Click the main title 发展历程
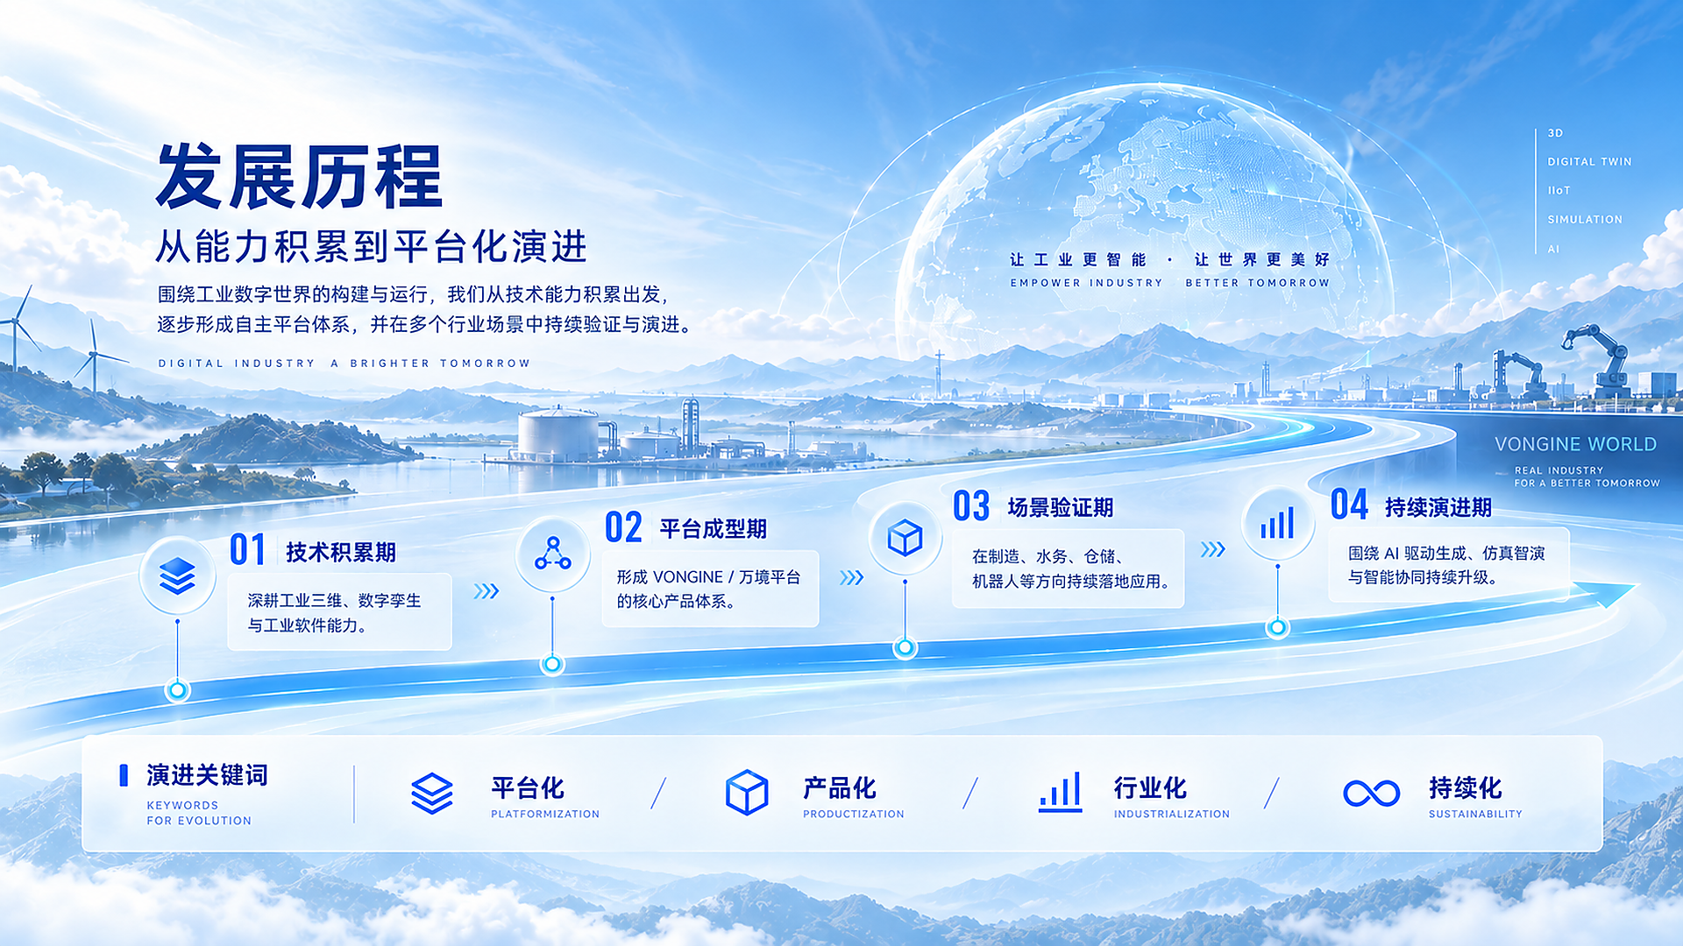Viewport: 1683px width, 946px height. pos(300,177)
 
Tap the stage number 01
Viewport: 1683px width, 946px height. pos(247,550)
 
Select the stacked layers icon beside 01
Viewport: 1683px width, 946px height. pos(177,575)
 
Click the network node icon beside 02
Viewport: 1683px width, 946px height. pos(552,554)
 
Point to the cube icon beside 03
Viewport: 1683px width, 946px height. pos(905,538)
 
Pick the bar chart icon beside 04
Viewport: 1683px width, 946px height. pos(1277,524)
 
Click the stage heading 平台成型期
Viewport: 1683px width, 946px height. pos(713,529)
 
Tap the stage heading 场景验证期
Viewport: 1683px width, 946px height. pos(1061,507)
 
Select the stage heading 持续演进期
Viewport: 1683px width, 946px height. pos(1438,507)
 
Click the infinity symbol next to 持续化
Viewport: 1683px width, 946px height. pos(1372,794)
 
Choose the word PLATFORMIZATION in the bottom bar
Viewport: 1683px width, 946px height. pos(545,815)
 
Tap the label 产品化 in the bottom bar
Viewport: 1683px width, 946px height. pos(839,788)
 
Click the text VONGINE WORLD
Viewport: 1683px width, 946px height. pos(1575,444)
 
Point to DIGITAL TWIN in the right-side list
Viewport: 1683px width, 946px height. pos(1589,162)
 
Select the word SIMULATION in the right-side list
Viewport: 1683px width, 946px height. pos(1585,220)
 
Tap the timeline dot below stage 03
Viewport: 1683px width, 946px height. pos(905,648)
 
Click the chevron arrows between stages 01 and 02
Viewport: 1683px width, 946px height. pos(486,591)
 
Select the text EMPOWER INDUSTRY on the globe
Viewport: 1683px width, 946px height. pos(1086,283)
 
